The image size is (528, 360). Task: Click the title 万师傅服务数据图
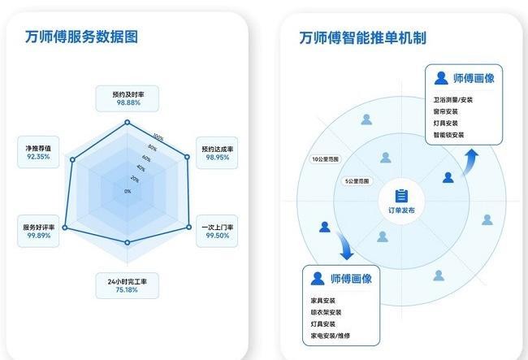click(81, 37)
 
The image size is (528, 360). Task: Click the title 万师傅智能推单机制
click(362, 37)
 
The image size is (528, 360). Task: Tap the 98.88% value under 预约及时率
click(128, 102)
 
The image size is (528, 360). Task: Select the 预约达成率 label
click(217, 149)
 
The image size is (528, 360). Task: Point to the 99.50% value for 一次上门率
click(217, 236)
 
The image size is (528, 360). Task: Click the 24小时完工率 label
click(128, 281)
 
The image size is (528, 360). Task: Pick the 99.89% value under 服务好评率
click(39, 236)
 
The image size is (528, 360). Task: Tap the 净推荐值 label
click(38, 148)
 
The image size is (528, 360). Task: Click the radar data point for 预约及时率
click(128, 122)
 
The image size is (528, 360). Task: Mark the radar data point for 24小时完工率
click(128, 242)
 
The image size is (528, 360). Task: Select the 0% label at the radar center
click(128, 191)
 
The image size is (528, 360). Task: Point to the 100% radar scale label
click(158, 137)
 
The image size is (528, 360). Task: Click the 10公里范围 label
click(325, 159)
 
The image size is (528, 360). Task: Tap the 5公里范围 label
click(357, 181)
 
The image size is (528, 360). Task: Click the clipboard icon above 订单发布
click(401, 196)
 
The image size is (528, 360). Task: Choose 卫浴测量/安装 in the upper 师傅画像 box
click(453, 100)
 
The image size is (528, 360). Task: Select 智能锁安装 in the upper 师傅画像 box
click(449, 135)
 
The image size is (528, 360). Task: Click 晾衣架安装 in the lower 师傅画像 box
click(326, 312)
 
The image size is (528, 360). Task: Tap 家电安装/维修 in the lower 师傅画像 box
click(331, 336)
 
